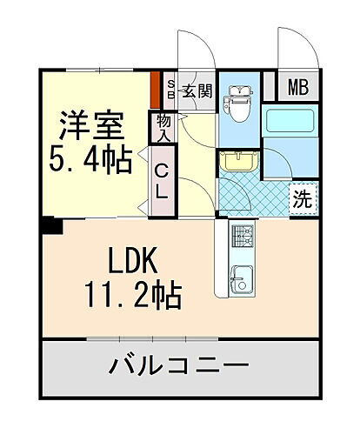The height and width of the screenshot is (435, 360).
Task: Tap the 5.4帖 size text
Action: click(x=90, y=159)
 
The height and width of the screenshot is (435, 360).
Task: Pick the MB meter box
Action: click(x=298, y=87)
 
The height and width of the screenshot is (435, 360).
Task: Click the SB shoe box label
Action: click(x=170, y=88)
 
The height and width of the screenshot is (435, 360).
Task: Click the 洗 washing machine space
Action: click(x=301, y=197)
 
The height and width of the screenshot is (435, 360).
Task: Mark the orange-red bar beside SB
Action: click(x=155, y=87)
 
